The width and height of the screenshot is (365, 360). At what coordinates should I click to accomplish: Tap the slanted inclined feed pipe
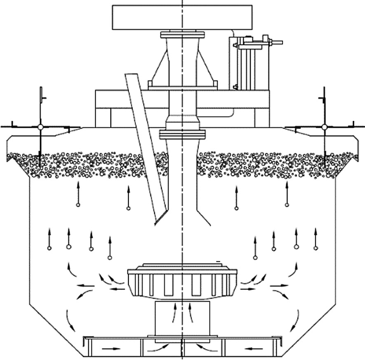(x=143, y=144)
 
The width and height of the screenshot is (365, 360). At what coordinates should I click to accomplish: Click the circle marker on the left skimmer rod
(x=40, y=127)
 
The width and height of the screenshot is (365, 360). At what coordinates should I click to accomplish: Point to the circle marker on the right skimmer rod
(x=325, y=127)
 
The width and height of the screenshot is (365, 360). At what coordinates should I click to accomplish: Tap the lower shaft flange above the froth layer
(x=182, y=132)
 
